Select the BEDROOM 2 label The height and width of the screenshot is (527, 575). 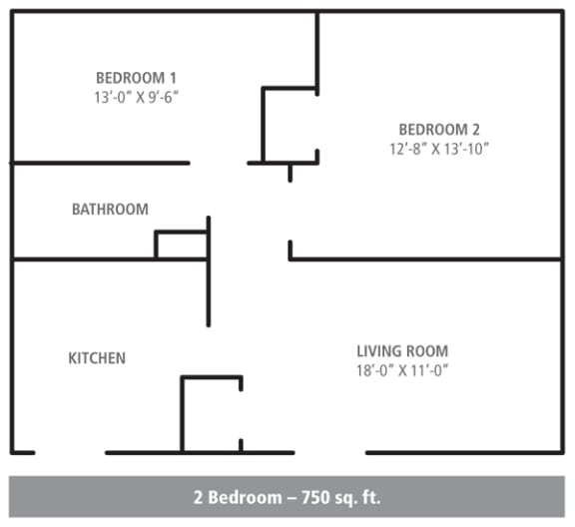click(440, 129)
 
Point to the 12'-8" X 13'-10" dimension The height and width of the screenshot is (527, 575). click(440, 148)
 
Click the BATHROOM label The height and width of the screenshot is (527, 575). click(110, 210)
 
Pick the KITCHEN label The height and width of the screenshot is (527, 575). click(97, 357)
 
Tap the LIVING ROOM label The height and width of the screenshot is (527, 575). click(402, 351)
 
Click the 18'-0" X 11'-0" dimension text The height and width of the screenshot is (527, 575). click(402, 370)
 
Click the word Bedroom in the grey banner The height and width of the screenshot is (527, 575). click(241, 496)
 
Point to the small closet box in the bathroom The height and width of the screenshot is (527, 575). click(182, 246)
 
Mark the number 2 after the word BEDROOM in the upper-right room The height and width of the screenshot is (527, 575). click(476, 129)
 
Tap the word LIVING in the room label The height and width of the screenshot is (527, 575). click(378, 351)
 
